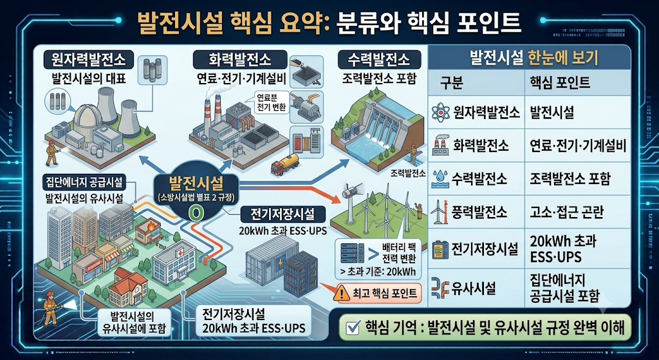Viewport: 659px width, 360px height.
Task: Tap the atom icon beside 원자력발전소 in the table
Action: click(x=441, y=112)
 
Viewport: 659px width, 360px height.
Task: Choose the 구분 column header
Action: click(x=451, y=83)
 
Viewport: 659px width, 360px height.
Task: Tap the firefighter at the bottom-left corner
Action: click(x=51, y=310)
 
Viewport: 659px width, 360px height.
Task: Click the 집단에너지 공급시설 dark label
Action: click(x=83, y=182)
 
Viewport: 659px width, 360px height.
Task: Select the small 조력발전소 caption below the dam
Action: click(x=408, y=173)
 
